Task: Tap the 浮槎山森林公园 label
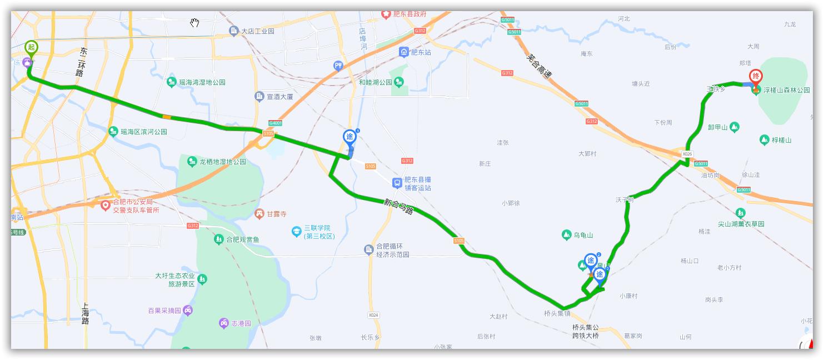[x=786, y=90]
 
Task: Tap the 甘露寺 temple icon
[x=259, y=214]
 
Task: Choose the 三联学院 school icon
[x=297, y=232]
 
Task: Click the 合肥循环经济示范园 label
[x=392, y=251]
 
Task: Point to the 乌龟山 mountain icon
[x=566, y=236]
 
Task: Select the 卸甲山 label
[x=717, y=127]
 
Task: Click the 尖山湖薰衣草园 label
[x=741, y=224]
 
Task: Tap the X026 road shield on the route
[x=687, y=154]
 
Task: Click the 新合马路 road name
[x=398, y=207]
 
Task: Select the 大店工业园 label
[x=258, y=32]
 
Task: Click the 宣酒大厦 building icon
[x=259, y=97]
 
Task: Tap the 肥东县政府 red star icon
[x=386, y=14]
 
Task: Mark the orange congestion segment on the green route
[x=167, y=117]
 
